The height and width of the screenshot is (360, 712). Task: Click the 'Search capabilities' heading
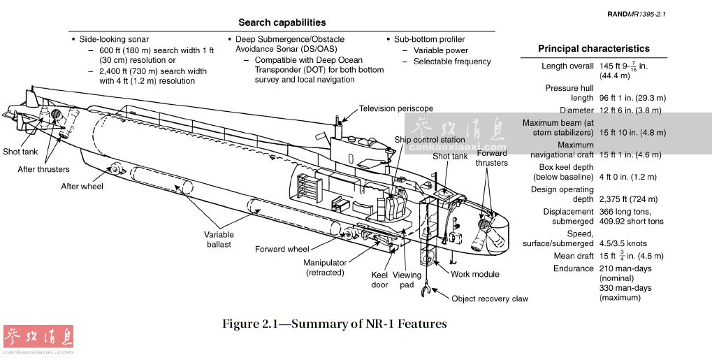[282, 22]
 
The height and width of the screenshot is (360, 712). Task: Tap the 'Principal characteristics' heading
[593, 49]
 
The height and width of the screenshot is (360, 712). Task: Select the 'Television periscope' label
[396, 108]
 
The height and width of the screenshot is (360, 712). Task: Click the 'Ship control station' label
[429, 140]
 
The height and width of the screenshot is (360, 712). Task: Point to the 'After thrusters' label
[44, 169]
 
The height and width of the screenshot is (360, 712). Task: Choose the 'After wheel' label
[82, 186]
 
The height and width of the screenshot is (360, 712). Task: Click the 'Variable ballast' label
[219, 240]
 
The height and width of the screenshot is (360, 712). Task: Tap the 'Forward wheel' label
[282, 249]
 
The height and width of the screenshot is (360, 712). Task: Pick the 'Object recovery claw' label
[490, 298]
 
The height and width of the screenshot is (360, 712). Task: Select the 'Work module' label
[475, 275]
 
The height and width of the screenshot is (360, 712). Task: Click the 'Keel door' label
[379, 280]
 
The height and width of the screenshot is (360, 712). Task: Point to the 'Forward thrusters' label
[492, 158]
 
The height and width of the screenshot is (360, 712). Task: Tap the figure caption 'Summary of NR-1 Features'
[334, 324]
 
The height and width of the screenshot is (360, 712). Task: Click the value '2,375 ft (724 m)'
[629, 199]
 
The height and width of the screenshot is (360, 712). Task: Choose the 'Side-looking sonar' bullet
[114, 39]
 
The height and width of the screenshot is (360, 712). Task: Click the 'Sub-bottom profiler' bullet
[429, 39]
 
